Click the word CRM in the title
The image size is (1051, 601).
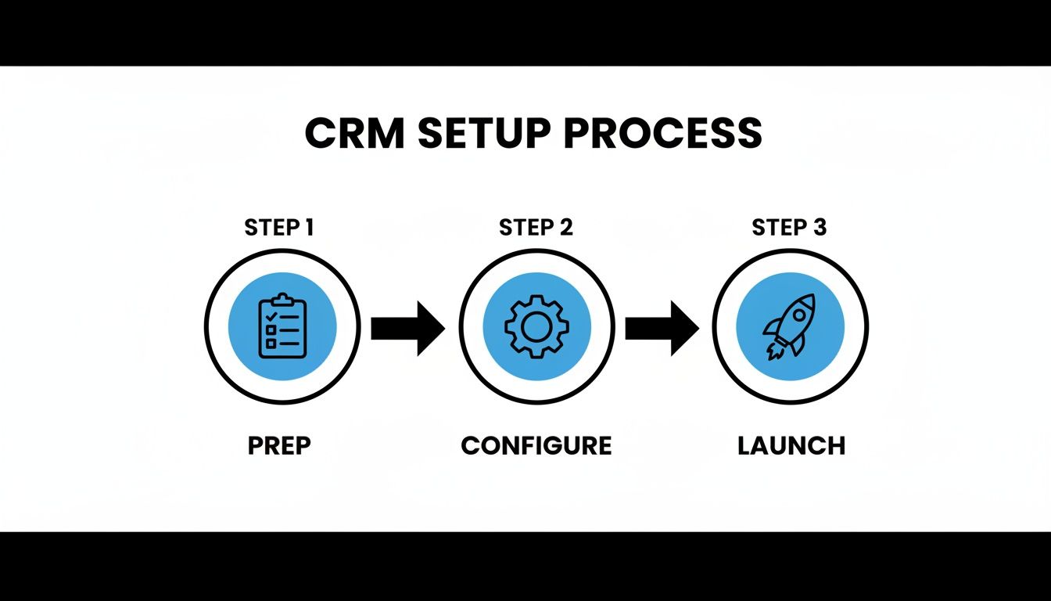353,134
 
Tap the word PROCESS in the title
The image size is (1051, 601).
662,134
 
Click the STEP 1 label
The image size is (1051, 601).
279,228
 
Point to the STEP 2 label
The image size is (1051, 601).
536,228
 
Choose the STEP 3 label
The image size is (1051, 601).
789,228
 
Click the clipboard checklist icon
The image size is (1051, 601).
282,326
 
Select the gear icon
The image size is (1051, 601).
536,326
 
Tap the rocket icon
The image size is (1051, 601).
789,326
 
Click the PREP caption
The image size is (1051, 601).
279,446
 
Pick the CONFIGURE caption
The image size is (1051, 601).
536,446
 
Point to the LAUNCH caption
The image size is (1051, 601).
791,446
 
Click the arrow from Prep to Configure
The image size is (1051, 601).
407,328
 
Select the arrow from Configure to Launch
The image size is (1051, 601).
662,328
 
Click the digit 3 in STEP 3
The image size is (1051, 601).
819,228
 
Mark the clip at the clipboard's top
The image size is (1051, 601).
282,300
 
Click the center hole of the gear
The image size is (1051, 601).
536,326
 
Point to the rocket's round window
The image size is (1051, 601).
799,314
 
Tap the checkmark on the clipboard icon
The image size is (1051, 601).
271,316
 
